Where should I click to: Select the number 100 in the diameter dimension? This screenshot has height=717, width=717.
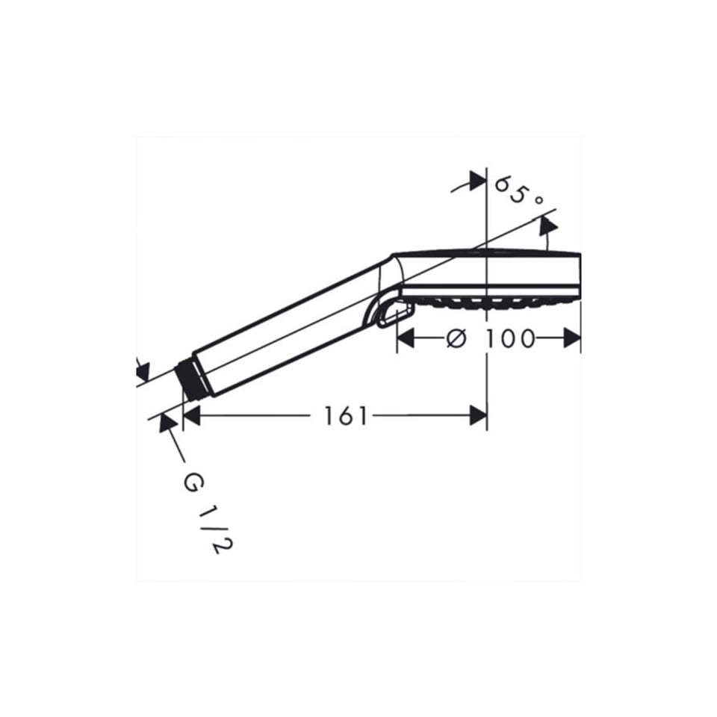click(509, 338)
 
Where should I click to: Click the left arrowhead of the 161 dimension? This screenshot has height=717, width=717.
click(191, 416)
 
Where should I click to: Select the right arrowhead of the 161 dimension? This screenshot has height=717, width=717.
click(478, 416)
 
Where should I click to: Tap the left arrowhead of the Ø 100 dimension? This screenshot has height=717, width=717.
click(406, 338)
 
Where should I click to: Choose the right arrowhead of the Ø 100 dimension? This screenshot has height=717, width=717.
click(572, 338)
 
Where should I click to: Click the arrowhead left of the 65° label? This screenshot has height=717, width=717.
click(476, 180)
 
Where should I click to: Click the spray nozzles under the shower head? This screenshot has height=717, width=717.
click(493, 302)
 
